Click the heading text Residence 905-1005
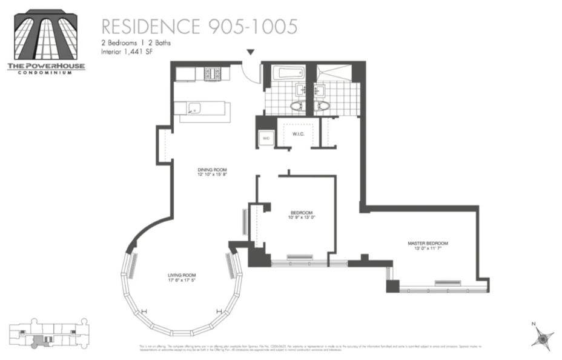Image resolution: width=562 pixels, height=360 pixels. pos(199,27)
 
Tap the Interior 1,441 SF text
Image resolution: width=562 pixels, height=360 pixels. pos(127,53)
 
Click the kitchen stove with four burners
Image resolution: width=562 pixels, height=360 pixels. pos(213,73)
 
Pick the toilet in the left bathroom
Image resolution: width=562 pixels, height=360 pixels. pos(297,105)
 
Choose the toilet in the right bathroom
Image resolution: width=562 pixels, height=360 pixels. pos(323,105)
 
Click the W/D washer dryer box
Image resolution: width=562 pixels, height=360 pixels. pos(265,138)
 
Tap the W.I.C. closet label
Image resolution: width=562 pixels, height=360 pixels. pos(297,134)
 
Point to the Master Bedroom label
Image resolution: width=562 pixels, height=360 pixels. pos(428,245)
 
